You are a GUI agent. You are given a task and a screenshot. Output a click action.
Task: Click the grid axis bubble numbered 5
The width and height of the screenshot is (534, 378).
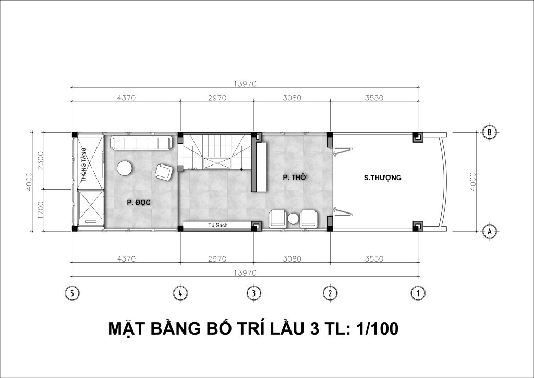coord(71,293)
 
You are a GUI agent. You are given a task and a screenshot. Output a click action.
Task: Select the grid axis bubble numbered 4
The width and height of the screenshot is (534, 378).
coord(180,293)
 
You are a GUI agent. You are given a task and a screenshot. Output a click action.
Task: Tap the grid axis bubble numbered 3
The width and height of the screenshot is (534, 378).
coord(254,293)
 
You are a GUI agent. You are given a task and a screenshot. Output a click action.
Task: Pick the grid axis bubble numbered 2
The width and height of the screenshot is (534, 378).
coord(330,293)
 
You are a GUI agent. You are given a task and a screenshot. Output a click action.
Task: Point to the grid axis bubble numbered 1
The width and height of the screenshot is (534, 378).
coord(418,293)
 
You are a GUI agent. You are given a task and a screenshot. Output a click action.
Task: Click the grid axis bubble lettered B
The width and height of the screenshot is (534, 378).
coord(489,132)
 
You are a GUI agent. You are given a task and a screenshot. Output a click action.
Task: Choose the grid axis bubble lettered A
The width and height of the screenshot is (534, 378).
coord(489,231)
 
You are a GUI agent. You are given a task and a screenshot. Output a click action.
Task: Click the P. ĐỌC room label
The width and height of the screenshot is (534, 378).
coord(139,203)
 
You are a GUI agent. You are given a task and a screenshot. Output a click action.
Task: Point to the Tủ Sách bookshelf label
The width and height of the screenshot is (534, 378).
coord(218,226)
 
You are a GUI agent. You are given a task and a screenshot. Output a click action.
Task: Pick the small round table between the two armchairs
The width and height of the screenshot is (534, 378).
coord(293,219)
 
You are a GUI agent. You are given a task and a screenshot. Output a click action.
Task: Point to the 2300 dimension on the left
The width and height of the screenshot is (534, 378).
coord(41,160)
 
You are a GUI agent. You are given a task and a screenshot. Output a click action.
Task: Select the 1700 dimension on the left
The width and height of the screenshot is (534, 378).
coord(41,210)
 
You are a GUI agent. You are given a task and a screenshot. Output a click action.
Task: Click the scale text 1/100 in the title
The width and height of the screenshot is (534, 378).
coord(377,329)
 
